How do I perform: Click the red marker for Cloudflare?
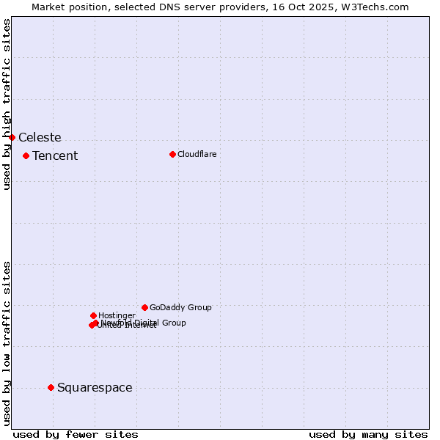pos(172,154)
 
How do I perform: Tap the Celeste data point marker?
pos(12,137)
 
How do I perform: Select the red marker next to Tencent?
pos(26,155)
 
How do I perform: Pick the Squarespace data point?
pos(51,387)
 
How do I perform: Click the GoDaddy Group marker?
pos(144,307)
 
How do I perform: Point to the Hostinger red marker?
pos(93,315)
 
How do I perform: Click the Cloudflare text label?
pos(197,154)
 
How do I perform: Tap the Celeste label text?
pos(40,137)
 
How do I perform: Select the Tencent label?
pos(55,155)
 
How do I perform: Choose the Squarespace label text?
pos(95,387)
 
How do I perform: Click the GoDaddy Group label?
pos(180,307)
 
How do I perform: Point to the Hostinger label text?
pos(117,315)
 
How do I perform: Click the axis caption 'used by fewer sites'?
pos(76,434)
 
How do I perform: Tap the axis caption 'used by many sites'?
pos(368,434)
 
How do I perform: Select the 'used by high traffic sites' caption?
pos(7,104)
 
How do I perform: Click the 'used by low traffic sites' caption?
pos(7,342)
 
